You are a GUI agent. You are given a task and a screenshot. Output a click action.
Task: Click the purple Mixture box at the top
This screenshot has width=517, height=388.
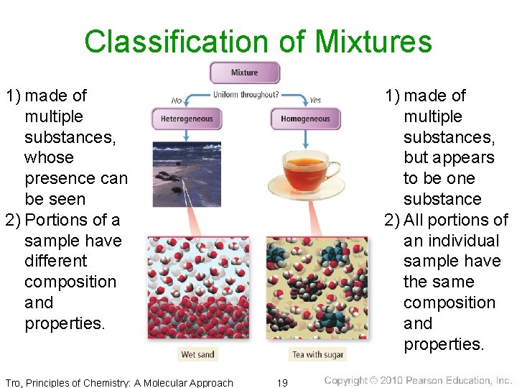(244, 73)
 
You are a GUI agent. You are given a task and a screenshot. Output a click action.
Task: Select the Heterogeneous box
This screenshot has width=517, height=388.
(186, 119)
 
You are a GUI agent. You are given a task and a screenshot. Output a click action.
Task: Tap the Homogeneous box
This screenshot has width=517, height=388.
(305, 119)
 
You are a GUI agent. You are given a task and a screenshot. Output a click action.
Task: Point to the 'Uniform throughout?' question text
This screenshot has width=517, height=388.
(246, 95)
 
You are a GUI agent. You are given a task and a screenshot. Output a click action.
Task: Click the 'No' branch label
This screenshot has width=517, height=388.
(177, 100)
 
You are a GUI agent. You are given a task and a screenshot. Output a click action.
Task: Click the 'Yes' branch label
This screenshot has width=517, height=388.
(315, 100)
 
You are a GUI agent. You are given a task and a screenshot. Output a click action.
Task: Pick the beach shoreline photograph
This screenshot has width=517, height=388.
(186, 174)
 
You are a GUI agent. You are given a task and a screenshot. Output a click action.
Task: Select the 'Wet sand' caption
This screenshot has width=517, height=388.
(198, 354)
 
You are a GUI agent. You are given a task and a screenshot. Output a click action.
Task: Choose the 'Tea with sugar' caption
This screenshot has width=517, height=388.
(317, 354)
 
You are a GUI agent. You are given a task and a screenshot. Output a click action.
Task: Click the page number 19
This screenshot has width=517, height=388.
(282, 382)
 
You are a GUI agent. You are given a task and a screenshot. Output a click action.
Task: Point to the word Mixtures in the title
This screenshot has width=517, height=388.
(373, 42)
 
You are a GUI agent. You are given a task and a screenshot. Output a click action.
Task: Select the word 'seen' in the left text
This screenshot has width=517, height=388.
(65, 199)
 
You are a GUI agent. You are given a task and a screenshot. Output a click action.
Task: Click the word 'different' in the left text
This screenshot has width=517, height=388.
(55, 261)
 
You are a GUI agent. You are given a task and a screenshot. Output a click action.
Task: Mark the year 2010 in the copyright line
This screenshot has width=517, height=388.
(391, 381)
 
